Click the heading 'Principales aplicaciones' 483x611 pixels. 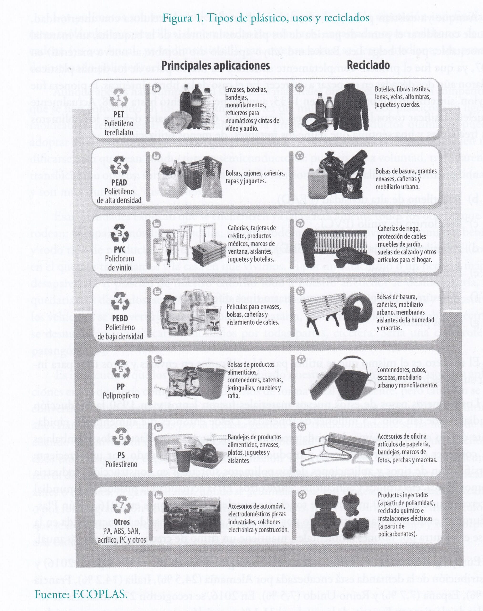pos(216,66)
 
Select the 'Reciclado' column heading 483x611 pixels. pos(368,65)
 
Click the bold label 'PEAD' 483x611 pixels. pos(119,182)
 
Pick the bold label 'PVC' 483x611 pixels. pos(120,249)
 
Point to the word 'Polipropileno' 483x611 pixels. pos(121,395)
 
